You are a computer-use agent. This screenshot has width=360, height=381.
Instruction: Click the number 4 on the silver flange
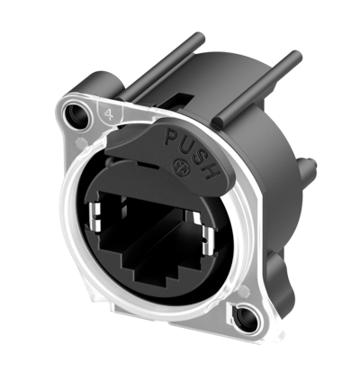107,114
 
